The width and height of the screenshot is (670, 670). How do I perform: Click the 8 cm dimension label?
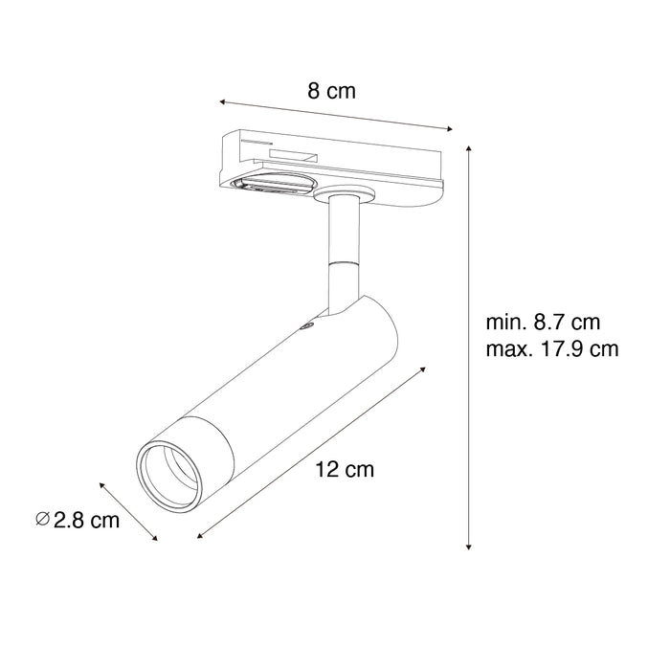click(x=331, y=93)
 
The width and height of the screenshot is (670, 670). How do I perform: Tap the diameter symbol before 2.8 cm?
click(x=41, y=520)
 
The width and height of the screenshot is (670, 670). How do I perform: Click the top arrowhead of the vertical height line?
click(x=469, y=148)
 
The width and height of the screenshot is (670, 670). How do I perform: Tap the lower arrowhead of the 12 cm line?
click(x=200, y=537)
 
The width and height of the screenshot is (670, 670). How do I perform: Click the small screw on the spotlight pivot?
click(x=307, y=328)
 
